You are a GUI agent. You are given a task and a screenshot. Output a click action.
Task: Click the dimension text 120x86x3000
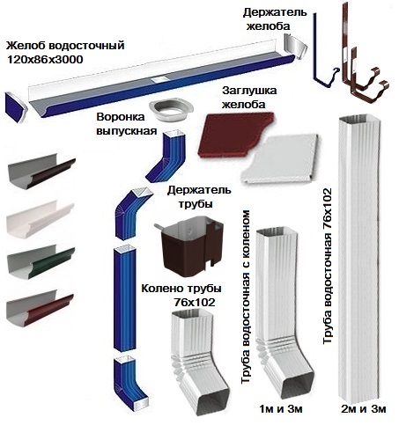click(x=45, y=60)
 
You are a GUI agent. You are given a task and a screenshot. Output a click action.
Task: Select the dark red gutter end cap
click(x=236, y=135)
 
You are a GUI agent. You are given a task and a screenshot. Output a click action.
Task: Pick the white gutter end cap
click(x=281, y=158)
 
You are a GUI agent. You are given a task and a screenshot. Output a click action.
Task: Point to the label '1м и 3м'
click(x=281, y=408)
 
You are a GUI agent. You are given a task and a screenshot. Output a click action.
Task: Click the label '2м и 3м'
click(x=364, y=408)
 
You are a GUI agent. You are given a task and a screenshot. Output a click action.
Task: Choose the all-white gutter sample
click(x=40, y=219)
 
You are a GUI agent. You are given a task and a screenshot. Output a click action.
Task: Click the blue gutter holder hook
click(x=322, y=55)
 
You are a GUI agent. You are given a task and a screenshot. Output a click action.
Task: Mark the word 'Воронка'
click(x=121, y=117)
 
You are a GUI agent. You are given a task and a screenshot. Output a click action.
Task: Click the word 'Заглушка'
click(x=249, y=91)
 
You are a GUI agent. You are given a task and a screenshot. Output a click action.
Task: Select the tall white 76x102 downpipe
click(x=359, y=258)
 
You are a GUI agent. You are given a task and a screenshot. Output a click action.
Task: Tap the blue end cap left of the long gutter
click(x=16, y=107)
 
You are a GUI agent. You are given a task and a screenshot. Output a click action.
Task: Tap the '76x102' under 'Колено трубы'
click(x=195, y=302)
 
